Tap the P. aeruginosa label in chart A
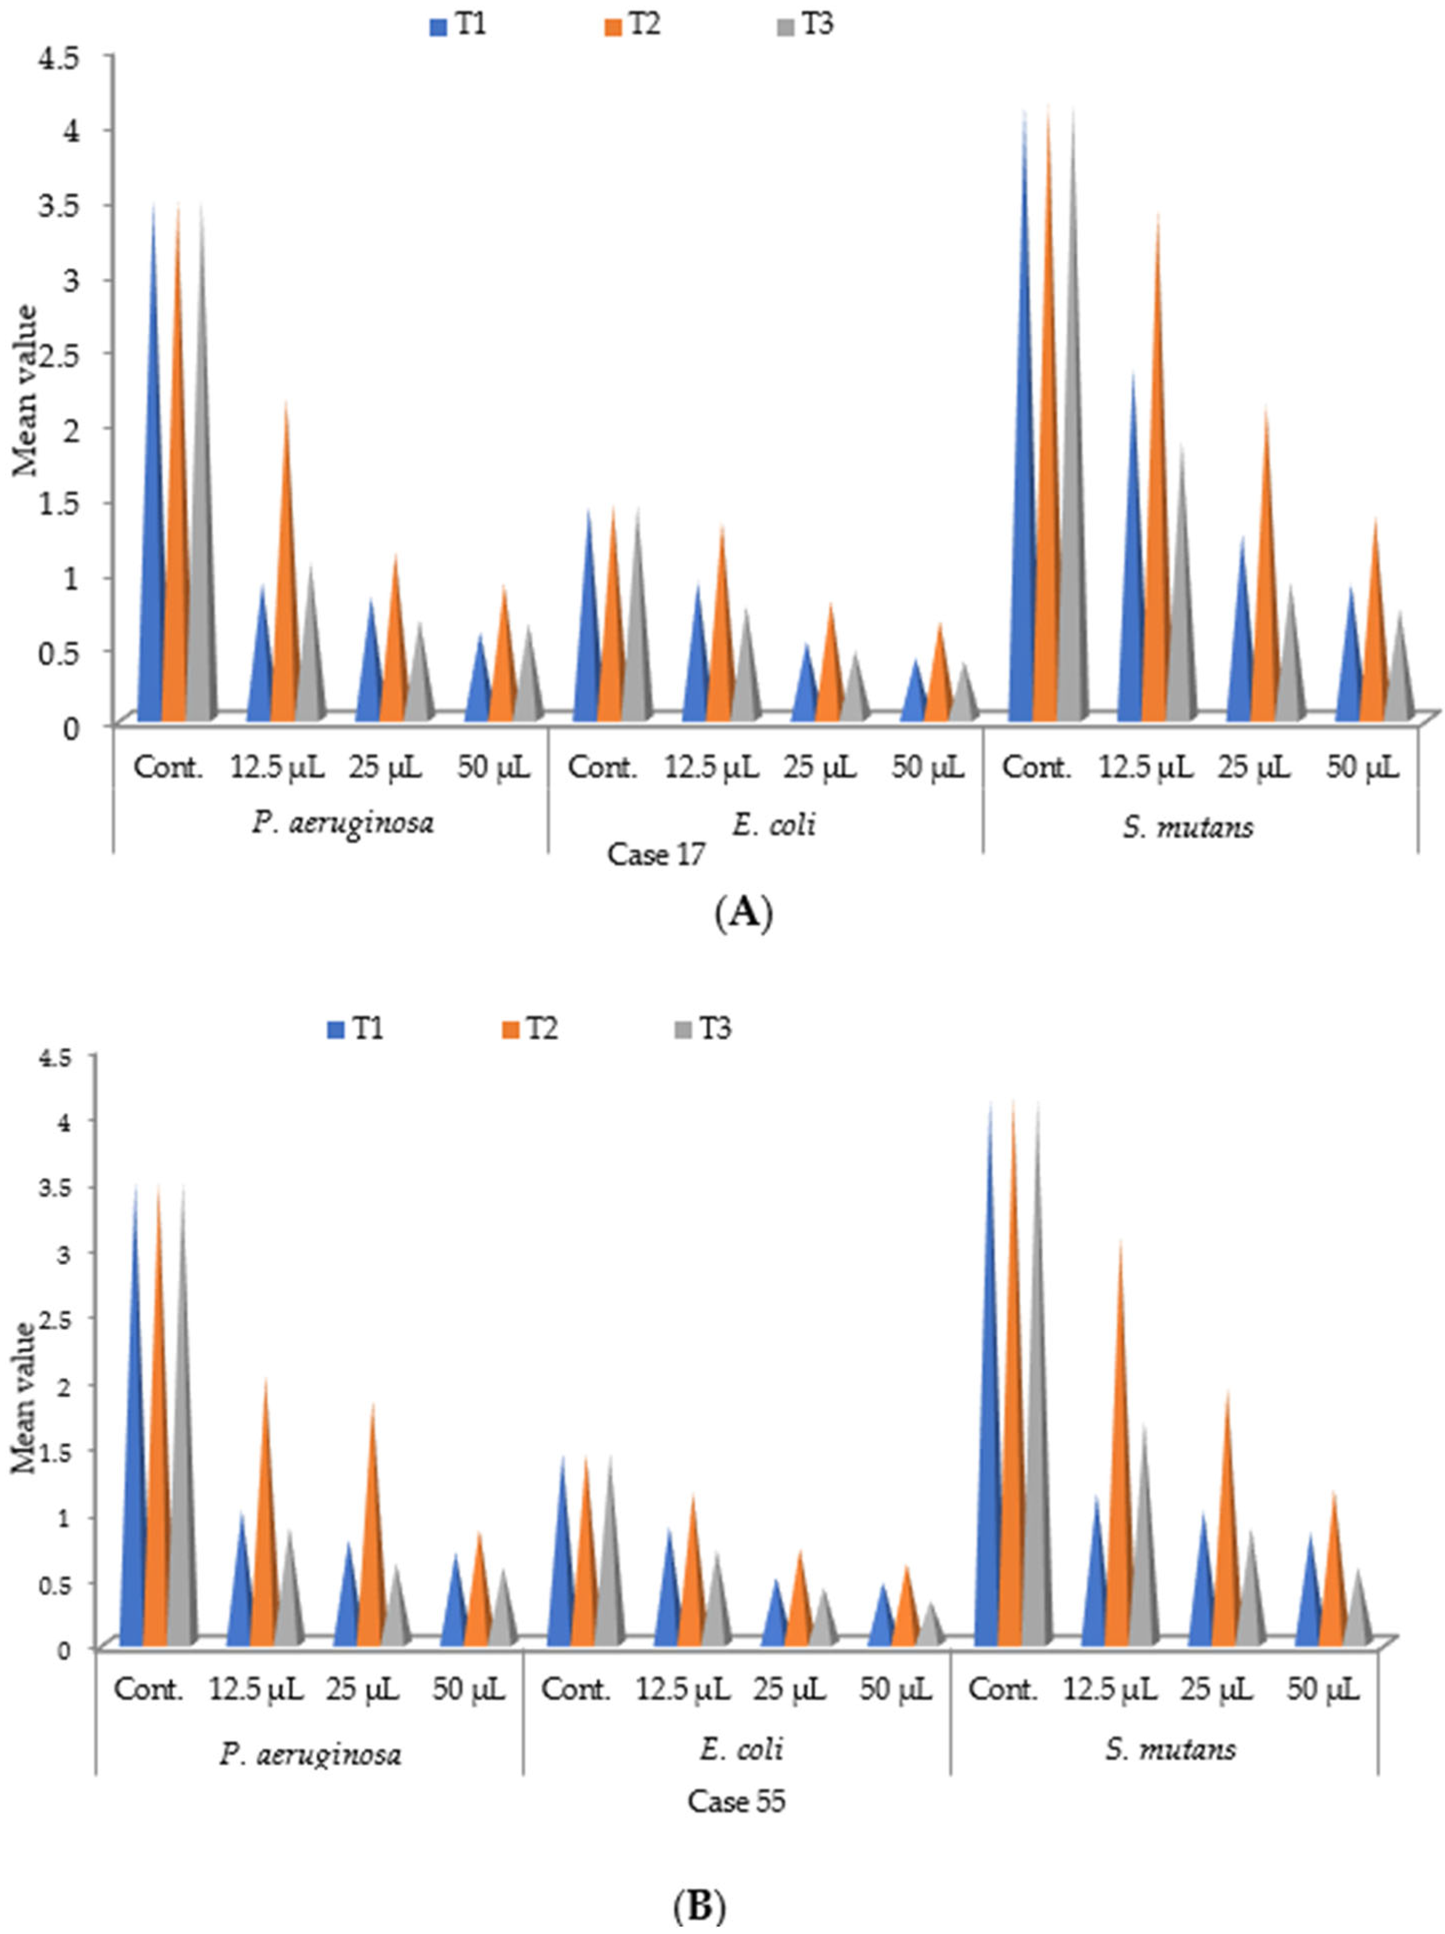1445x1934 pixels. pyautogui.click(x=343, y=823)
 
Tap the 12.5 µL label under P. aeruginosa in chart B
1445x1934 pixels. pyautogui.click(x=255, y=1689)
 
